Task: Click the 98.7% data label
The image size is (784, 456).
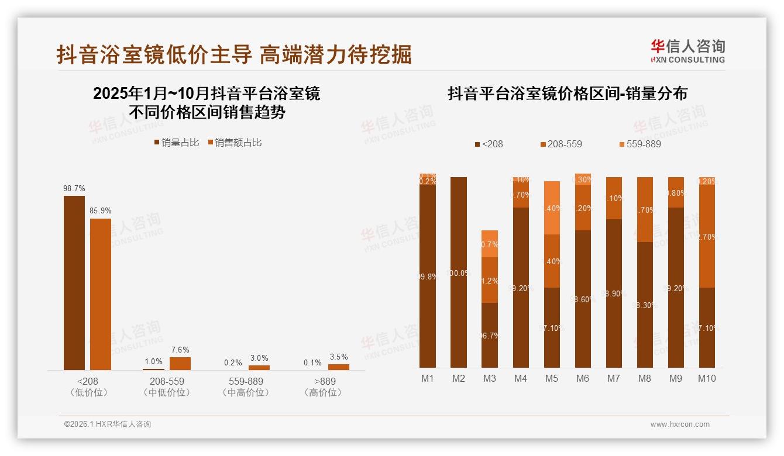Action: click(x=74, y=188)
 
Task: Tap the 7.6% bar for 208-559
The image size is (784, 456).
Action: click(x=180, y=363)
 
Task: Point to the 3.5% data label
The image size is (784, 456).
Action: click(x=338, y=357)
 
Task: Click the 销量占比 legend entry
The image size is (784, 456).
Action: click(x=177, y=142)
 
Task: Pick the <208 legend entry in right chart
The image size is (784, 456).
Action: click(x=489, y=144)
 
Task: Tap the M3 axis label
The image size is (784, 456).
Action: click(x=490, y=378)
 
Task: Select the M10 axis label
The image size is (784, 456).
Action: click(x=707, y=378)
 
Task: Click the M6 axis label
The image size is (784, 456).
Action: click(x=583, y=378)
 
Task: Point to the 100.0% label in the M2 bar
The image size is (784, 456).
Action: click(x=459, y=272)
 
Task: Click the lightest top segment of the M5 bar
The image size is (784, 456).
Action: click(x=552, y=208)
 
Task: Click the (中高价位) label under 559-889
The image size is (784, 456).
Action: click(x=246, y=392)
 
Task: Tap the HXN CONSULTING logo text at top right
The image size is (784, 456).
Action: click(x=688, y=60)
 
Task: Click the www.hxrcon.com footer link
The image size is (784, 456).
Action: click(x=680, y=424)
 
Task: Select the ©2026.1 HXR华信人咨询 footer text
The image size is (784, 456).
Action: click(x=108, y=424)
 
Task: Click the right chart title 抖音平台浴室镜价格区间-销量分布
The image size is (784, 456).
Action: click(x=567, y=94)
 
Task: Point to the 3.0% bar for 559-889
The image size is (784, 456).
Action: click(x=259, y=367)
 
